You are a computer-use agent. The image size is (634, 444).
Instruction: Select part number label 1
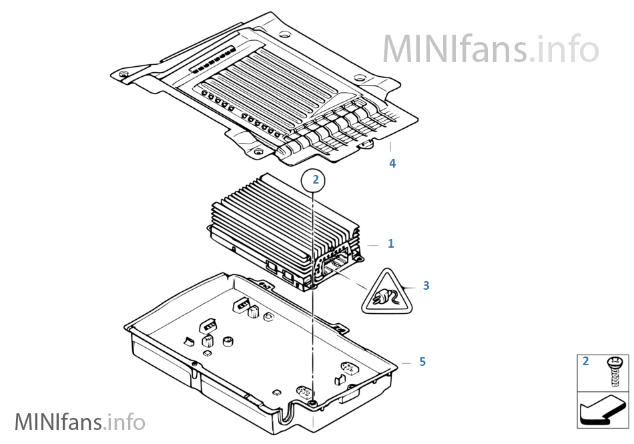391,244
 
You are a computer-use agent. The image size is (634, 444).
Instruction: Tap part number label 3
426,286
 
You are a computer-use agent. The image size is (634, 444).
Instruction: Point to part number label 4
392,163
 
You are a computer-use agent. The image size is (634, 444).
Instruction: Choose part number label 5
422,362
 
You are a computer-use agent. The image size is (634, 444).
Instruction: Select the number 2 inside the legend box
586,362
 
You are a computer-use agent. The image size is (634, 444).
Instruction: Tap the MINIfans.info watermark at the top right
491,47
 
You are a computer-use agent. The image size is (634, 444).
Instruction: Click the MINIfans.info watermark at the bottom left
79,421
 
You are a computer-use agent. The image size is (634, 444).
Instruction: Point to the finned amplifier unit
280,227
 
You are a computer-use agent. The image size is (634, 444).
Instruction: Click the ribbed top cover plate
267,87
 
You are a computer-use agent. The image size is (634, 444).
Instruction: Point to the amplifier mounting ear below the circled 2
312,286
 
